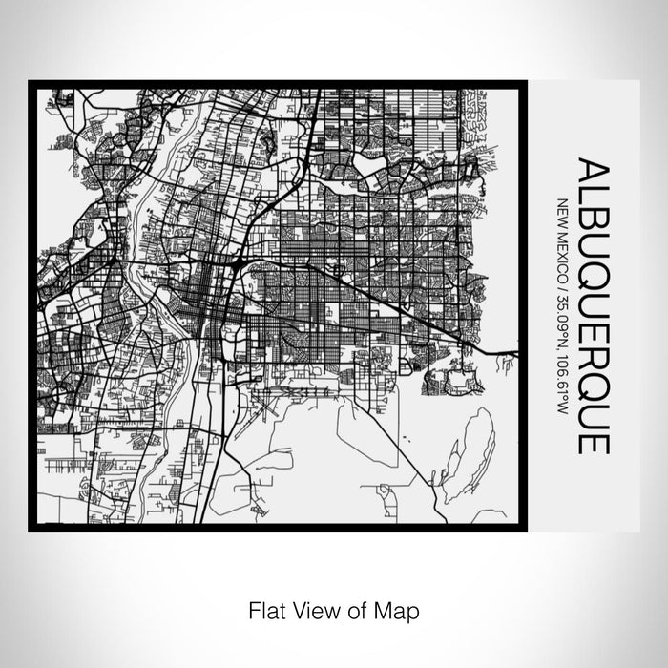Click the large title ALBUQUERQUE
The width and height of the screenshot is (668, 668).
tap(593, 306)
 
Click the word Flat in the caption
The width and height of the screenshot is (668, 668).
tap(265, 608)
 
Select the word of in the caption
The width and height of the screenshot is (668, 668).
tap(356, 608)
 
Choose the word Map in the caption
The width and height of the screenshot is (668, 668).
tap(397, 608)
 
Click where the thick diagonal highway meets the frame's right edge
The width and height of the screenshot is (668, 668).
tap(519, 352)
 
